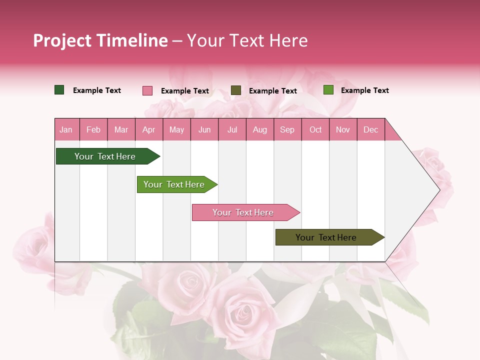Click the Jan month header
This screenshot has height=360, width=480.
66,129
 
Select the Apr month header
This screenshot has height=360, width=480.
148,129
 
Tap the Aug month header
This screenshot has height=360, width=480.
259,129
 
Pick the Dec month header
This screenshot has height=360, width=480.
370,129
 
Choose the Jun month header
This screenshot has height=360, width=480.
204,129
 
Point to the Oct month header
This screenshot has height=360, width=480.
315,129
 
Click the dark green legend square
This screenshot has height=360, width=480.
59,90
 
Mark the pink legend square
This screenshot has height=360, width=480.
147,90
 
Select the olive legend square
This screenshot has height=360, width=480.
236,90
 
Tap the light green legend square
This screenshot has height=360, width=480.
328,90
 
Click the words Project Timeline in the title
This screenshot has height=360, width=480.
100,40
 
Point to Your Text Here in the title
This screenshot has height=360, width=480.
247,40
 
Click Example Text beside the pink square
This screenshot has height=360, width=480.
185,91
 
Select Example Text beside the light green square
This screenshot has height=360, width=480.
365,90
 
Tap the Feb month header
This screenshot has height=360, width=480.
93,129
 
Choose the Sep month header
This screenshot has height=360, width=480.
287,129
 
